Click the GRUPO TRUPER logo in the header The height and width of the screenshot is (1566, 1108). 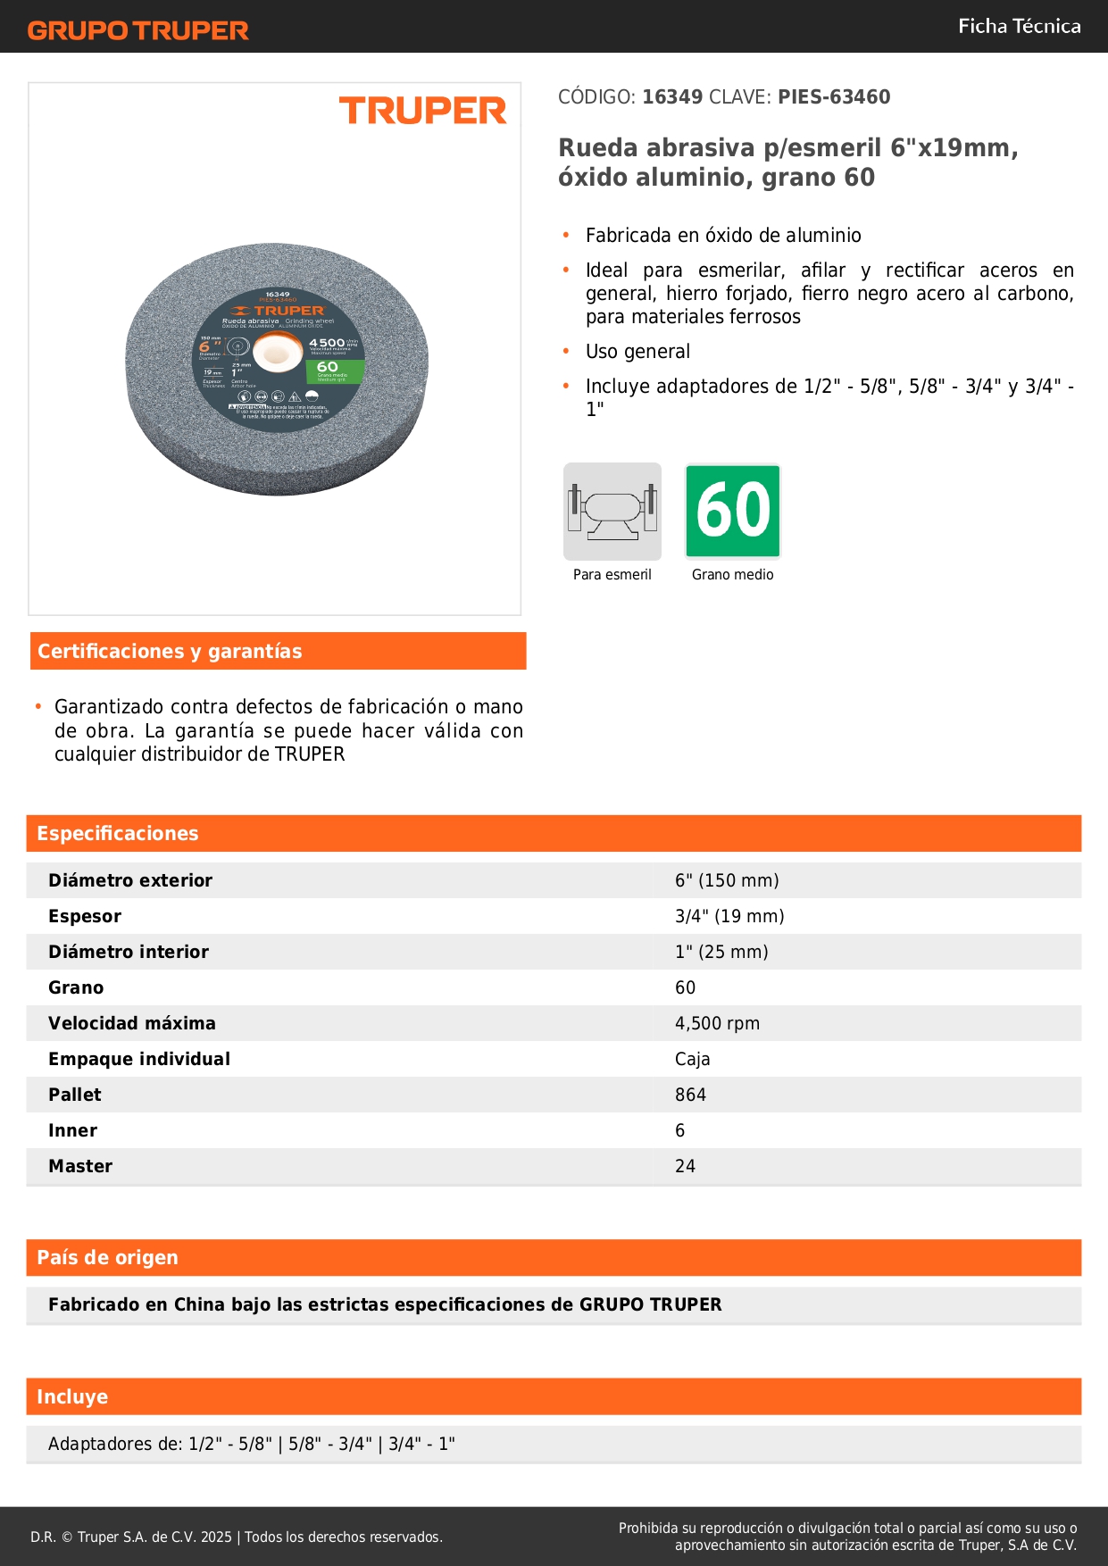[138, 30]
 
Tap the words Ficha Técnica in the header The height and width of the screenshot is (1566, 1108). [1019, 26]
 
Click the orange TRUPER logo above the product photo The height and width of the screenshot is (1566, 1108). [422, 111]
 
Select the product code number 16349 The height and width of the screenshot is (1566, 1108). [672, 97]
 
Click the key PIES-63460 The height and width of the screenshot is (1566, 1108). [834, 97]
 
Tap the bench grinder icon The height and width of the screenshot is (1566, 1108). [612, 512]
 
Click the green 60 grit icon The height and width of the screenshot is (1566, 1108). [733, 512]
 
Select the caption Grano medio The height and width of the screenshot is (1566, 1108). [732, 575]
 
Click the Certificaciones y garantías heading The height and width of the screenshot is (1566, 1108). [170, 652]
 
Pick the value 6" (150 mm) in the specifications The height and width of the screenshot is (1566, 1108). [727, 880]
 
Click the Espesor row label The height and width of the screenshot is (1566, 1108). [85, 916]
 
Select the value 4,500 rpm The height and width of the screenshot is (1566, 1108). [717, 1023]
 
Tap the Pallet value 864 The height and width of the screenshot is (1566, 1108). [690, 1095]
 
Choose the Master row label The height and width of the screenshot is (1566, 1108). [80, 1166]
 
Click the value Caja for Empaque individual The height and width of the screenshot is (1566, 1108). [692, 1059]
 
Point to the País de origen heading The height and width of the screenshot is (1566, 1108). [107, 1258]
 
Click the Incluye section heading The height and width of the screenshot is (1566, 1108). [72, 1397]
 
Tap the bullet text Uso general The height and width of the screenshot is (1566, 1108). [637, 352]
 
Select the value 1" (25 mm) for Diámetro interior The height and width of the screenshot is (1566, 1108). [721, 952]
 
